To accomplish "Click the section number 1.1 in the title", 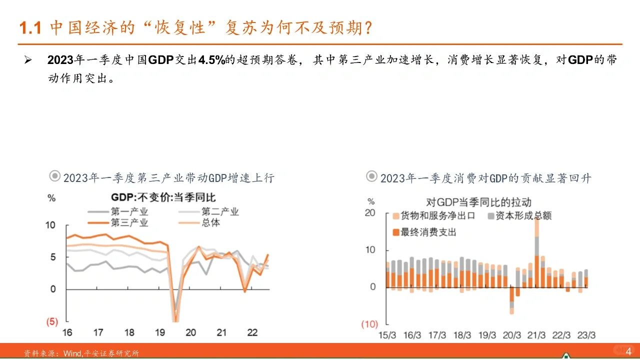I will (x=29, y=28).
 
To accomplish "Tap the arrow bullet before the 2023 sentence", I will (x=28, y=60).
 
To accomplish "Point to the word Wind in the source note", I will (x=72, y=353).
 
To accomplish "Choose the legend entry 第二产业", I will (x=220, y=211).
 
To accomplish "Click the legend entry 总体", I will (x=210, y=222).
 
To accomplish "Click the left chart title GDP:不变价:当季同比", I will (x=163, y=197).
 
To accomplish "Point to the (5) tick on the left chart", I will (x=52, y=321).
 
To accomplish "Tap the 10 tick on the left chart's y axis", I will (x=50, y=225).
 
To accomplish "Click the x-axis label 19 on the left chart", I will (x=159, y=332).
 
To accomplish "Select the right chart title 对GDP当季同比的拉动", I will (x=478, y=202).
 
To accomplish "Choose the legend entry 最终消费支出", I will (x=427, y=232).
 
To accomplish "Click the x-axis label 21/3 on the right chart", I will (x=536, y=335).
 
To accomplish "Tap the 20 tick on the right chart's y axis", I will (x=370, y=213).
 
